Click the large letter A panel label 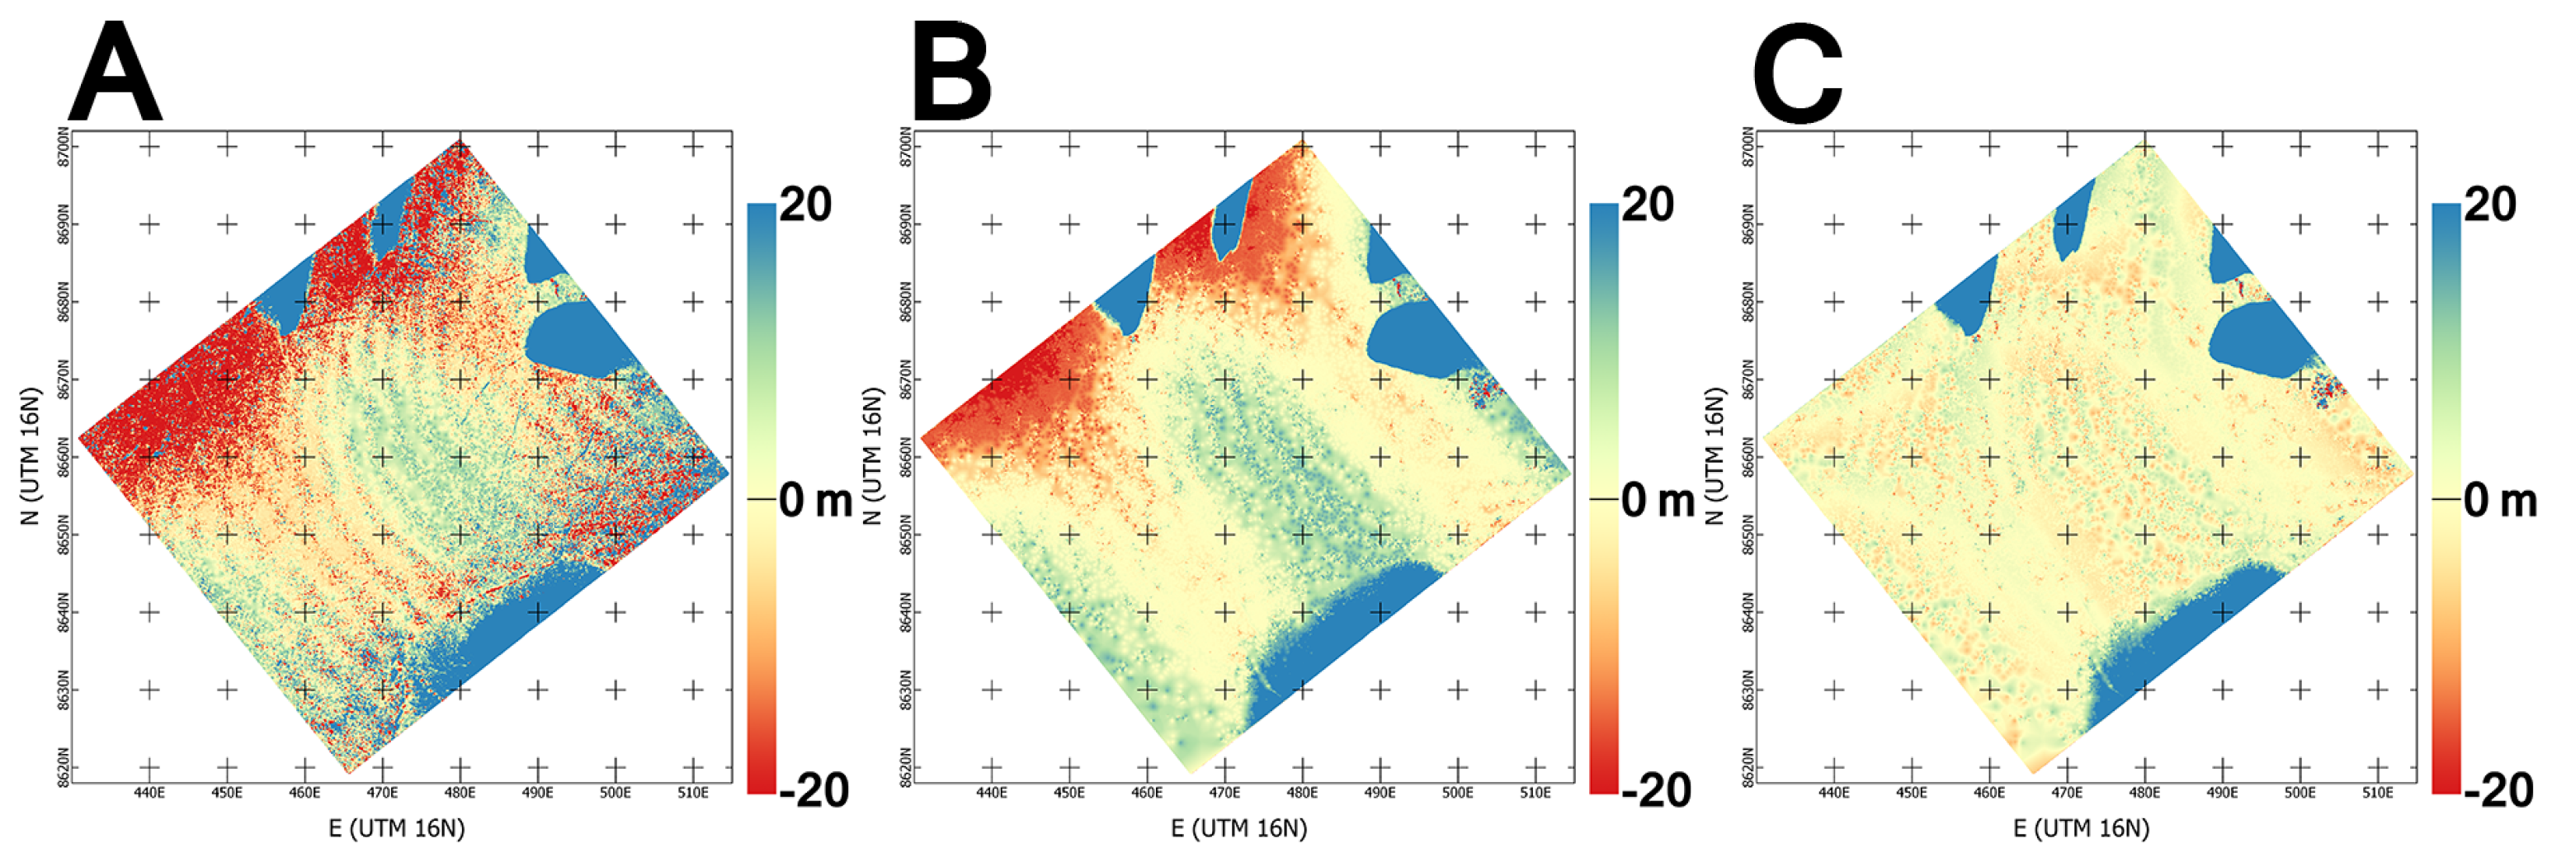click(x=115, y=75)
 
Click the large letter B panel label click(x=951, y=75)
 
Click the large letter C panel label click(x=1798, y=75)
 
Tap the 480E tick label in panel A click(x=460, y=794)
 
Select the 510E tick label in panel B click(x=1535, y=794)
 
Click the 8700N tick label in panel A click(x=64, y=148)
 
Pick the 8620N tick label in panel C click(x=1748, y=767)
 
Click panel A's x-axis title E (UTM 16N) click(x=397, y=828)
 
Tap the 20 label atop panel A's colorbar click(x=804, y=205)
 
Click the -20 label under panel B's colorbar click(x=1657, y=790)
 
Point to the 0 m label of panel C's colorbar click(x=2500, y=500)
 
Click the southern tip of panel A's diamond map click(x=347, y=772)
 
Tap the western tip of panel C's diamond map click(x=1763, y=436)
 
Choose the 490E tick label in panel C click(x=2222, y=794)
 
